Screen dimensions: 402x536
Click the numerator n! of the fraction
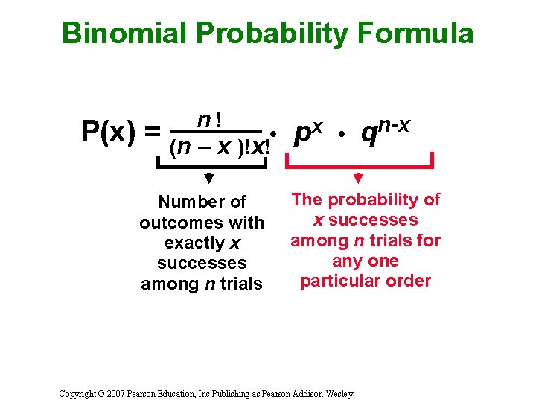coord(212,119)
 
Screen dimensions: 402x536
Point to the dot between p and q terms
coord(340,135)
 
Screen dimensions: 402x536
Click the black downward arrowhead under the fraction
coord(209,179)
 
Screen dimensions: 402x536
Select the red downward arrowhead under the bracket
coord(358,179)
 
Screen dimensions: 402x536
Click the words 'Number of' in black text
coord(202,202)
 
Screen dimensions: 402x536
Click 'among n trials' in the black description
coord(202,284)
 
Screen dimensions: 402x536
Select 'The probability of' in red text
coord(366,200)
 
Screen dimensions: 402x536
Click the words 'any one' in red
coord(366,261)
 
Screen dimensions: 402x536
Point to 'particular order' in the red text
coord(366,281)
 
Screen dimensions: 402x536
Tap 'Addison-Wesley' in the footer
coord(325,392)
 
